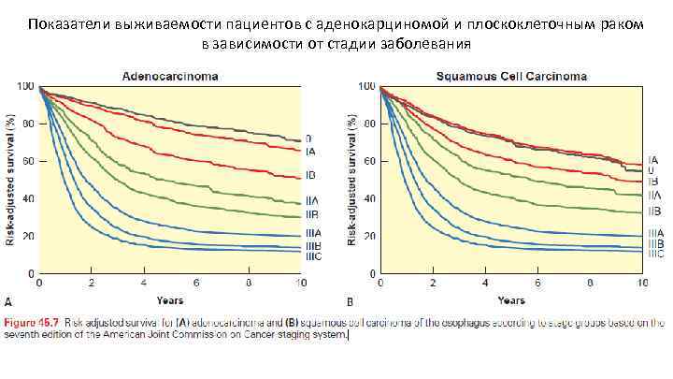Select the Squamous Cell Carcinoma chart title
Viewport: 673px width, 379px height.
[x=509, y=76]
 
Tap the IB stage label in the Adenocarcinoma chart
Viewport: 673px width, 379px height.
[x=309, y=176]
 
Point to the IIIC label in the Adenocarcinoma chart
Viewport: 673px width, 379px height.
[x=312, y=255]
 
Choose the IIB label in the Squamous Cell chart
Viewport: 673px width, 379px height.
[x=654, y=212]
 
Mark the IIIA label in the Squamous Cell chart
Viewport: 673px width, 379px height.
[x=655, y=234]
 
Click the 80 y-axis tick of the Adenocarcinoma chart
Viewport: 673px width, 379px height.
[x=29, y=124]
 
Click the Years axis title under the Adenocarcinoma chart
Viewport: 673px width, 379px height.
[x=168, y=300]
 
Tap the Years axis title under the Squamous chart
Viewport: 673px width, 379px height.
[x=510, y=300]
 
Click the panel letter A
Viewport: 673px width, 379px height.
[x=7, y=301]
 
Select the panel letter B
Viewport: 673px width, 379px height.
[x=350, y=301]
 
